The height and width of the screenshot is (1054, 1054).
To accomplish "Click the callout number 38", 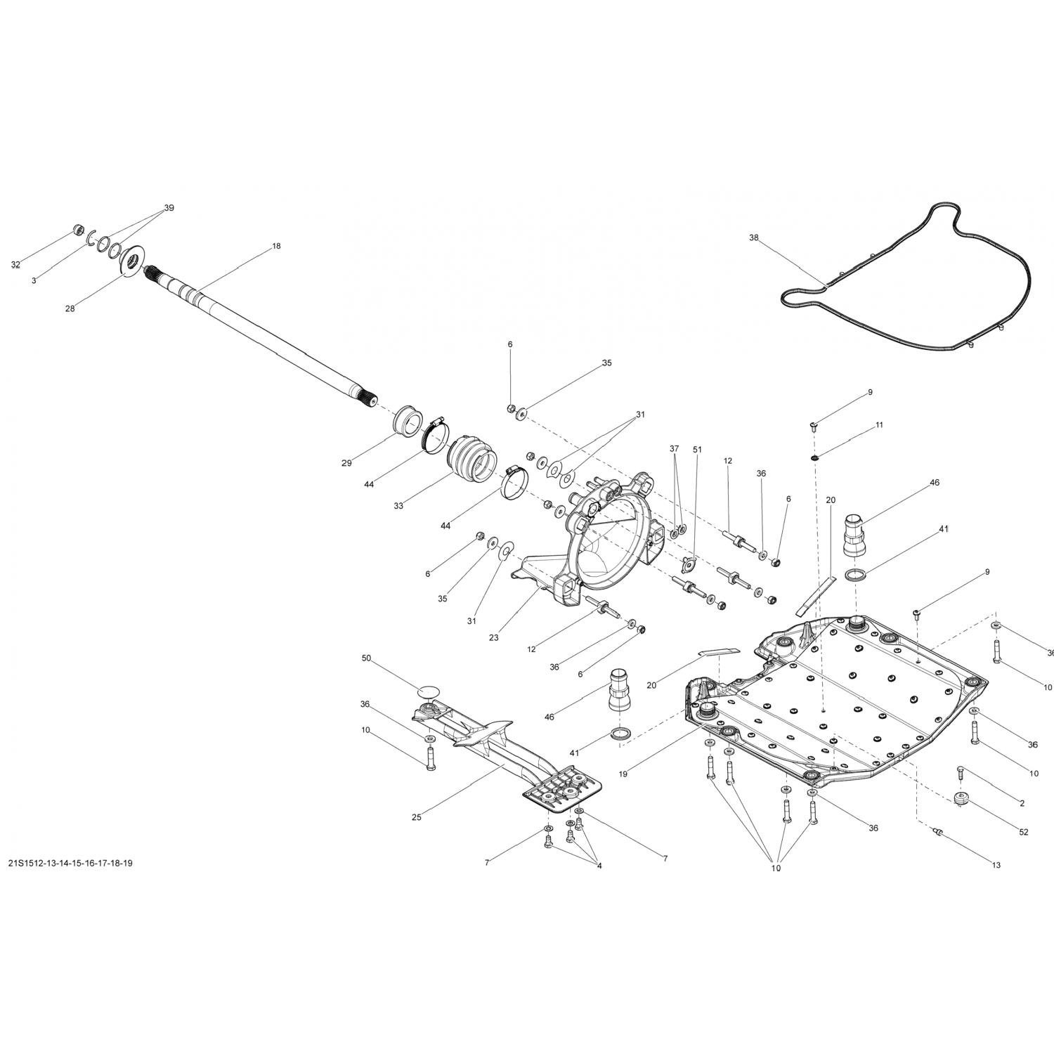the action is pyautogui.click(x=754, y=238).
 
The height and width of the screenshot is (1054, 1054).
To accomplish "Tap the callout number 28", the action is pyautogui.click(x=70, y=308).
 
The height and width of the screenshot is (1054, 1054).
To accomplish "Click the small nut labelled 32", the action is pyautogui.click(x=79, y=230).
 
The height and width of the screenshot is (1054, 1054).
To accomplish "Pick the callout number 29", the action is pyautogui.click(x=346, y=463).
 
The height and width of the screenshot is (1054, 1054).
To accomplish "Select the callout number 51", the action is pyautogui.click(x=697, y=448).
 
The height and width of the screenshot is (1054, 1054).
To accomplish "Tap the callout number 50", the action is pyautogui.click(x=366, y=658).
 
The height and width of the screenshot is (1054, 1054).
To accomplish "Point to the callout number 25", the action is pyautogui.click(x=417, y=817).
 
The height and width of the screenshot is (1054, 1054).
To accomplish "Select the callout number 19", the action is pyautogui.click(x=623, y=774).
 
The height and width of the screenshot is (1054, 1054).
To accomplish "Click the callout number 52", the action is pyautogui.click(x=1023, y=832).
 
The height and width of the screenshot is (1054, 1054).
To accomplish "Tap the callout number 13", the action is pyautogui.click(x=996, y=866).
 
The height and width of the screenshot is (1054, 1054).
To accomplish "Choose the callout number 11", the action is pyautogui.click(x=879, y=425).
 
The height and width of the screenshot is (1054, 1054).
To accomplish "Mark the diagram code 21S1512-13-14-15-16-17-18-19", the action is pyautogui.click(x=70, y=863).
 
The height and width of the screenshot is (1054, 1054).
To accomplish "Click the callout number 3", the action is pyautogui.click(x=34, y=280).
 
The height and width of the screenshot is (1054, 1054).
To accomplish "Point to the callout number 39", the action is pyautogui.click(x=169, y=208).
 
